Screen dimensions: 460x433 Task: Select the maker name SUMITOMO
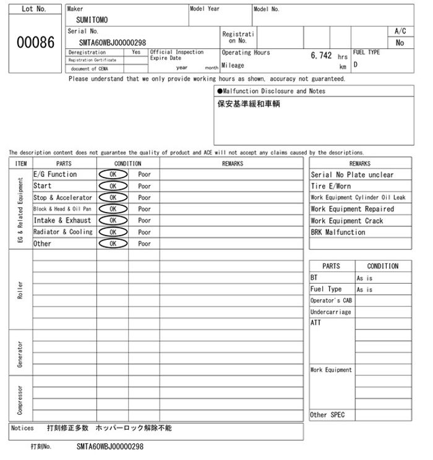92,20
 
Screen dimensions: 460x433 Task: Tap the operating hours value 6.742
321,55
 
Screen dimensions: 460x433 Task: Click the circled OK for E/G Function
113,174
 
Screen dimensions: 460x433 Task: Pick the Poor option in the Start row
144,186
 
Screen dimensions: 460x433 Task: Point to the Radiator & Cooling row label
62,232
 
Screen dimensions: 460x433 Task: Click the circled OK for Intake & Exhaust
113,221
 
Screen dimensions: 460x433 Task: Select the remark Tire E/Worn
330,186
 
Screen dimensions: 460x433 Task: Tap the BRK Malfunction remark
338,232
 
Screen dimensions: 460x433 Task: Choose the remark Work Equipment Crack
346,221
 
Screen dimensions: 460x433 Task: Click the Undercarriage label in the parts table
330,312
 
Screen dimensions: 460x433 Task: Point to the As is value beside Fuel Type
364,289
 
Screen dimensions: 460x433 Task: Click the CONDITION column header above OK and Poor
127,164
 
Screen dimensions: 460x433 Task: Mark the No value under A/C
400,43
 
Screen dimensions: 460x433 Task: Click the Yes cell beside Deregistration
136,53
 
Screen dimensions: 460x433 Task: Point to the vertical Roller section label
20,289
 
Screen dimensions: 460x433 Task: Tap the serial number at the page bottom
110,446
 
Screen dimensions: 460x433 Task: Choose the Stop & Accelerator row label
62,198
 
